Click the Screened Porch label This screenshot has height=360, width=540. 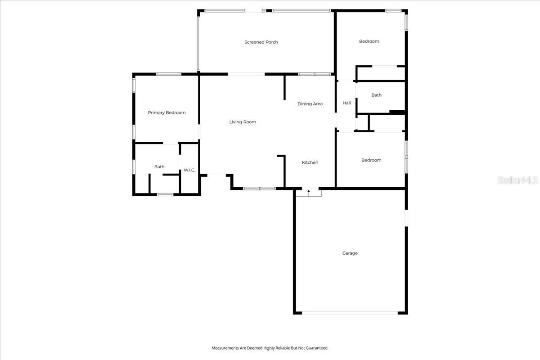coord(261,42)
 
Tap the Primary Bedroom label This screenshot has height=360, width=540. coord(166,112)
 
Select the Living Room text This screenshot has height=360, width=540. coord(243,122)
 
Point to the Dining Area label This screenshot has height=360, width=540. coord(310,104)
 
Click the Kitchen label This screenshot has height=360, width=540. coord(310,162)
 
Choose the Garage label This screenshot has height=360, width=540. coord(350,253)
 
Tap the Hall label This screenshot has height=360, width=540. coord(346,103)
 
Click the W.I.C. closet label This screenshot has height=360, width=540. coord(189,170)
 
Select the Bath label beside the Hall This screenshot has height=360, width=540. coord(376,95)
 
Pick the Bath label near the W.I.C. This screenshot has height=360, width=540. coord(159,167)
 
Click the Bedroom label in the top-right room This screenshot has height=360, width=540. coord(369,41)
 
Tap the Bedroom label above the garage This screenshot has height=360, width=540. coord(371,160)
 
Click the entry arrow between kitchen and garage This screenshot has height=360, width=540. coord(309,192)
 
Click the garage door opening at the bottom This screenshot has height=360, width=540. coord(350,313)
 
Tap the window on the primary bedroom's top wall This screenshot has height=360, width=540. coord(168,74)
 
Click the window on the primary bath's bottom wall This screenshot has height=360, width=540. coord(165,194)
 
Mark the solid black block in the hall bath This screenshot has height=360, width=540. coord(397,112)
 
